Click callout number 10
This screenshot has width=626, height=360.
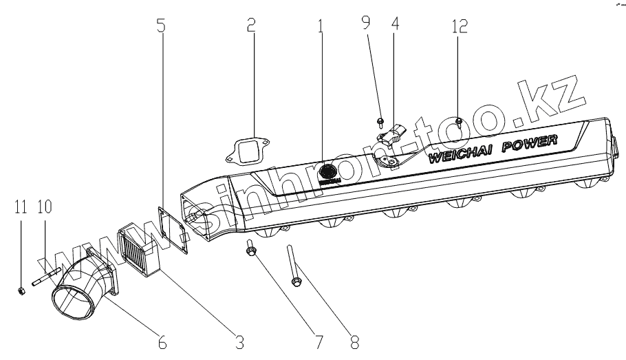point(45,207)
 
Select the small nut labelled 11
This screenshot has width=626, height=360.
point(21,290)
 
